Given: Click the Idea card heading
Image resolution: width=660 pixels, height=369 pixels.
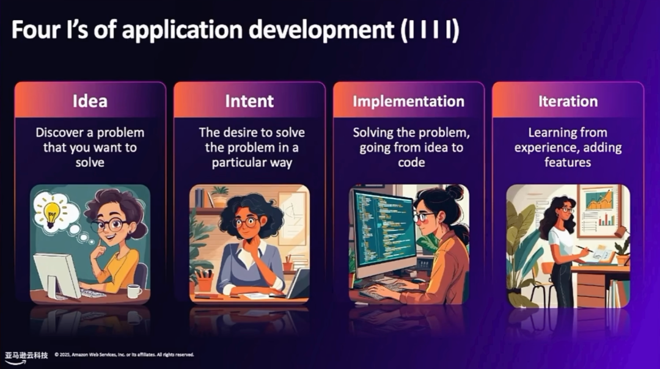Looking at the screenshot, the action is [90, 101].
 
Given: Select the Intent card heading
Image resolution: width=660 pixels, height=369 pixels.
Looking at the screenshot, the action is [249, 101].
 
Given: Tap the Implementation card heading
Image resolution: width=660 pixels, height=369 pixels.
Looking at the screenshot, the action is [408, 101].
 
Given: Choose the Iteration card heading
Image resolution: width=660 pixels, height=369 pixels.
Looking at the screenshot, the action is [568, 101].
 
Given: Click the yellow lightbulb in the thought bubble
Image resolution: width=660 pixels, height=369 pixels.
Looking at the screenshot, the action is [52, 213].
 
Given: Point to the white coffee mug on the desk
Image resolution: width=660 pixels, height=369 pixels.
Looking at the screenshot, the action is [134, 291].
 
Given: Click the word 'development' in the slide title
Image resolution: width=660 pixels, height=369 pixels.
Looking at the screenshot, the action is [321, 31].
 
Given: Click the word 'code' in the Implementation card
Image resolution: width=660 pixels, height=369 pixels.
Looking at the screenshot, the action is [411, 163].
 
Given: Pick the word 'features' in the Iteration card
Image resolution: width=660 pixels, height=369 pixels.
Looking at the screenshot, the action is [567, 163].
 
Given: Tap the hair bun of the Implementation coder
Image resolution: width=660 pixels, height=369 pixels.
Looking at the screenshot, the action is [455, 192].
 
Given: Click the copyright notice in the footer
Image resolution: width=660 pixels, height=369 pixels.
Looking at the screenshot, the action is [125, 355].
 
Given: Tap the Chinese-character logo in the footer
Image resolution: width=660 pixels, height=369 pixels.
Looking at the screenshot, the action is [26, 356].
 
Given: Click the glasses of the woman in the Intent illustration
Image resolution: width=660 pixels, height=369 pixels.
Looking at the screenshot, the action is [246, 222].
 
